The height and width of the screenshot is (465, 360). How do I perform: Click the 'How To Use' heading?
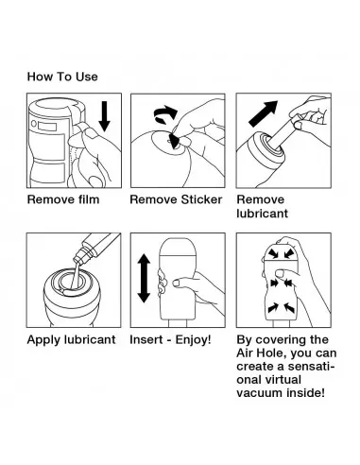click(62, 77)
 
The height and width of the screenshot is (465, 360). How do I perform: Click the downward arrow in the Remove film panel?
click(104, 116)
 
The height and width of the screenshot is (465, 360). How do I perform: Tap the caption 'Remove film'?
click(63, 199)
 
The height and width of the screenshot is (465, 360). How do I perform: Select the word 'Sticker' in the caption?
click(201, 199)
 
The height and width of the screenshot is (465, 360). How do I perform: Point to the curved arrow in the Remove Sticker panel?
click(165, 114)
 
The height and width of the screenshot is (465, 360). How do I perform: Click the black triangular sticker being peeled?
click(174, 141)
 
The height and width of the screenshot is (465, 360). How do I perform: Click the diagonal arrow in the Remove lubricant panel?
click(264, 113)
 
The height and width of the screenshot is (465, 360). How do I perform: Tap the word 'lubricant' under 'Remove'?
click(262, 214)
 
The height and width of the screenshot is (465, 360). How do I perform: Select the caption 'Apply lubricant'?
click(71, 339)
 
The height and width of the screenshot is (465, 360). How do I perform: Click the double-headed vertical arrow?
click(144, 278)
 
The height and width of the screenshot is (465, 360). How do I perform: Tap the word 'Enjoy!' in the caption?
click(193, 339)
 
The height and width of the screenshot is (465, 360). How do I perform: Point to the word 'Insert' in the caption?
click(146, 339)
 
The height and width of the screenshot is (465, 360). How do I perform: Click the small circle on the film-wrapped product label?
click(34, 124)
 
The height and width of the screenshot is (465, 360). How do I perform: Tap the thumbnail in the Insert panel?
click(177, 283)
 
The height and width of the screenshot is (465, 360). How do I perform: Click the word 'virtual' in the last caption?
click(285, 380)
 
